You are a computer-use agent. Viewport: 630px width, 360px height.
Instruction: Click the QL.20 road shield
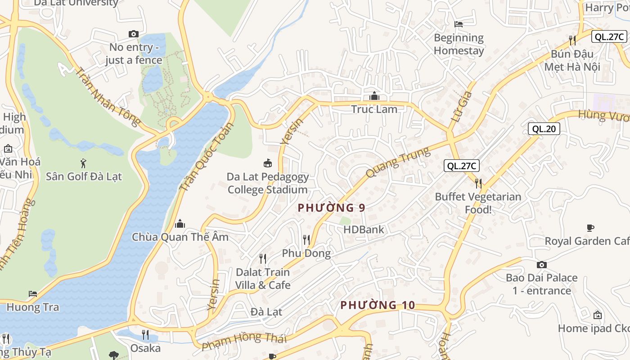point(544,129)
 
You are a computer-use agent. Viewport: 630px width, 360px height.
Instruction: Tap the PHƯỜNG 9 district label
point(331,208)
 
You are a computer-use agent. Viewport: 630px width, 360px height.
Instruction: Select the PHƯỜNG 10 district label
point(378,305)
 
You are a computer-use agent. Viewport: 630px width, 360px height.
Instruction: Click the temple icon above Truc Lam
point(374,96)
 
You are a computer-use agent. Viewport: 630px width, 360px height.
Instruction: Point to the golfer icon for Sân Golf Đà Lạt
point(83,163)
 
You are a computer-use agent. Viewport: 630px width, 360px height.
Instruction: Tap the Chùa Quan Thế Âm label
point(180,237)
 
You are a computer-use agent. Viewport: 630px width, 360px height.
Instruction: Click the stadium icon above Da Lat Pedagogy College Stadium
point(268,163)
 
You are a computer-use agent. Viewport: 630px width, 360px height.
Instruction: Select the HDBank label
point(364,229)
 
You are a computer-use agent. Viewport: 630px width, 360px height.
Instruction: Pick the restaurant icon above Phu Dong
point(306,239)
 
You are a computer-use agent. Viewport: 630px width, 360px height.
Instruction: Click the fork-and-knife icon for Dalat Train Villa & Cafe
point(263,258)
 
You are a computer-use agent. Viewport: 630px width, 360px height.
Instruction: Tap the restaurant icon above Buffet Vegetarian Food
point(478,183)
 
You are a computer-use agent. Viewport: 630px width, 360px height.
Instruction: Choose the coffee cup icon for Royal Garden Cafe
point(590,228)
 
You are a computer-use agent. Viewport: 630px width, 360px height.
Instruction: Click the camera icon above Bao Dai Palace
point(542,265)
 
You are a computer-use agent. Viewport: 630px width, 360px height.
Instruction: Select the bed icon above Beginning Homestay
point(459,24)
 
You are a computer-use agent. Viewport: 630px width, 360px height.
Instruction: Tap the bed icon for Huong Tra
point(33,294)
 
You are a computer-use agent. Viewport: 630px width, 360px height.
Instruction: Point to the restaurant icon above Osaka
point(145,334)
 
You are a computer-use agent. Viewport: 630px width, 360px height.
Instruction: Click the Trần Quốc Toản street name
point(207,157)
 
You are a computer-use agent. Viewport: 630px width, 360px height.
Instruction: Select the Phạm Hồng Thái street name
point(244,341)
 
